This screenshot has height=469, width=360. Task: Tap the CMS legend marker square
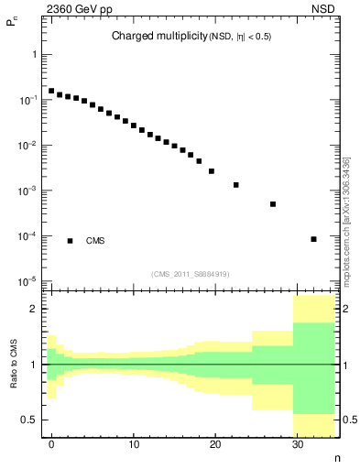click(70, 241)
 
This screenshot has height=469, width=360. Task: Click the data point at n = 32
click(314, 239)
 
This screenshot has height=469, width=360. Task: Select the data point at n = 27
click(273, 204)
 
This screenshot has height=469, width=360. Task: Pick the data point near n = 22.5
click(236, 185)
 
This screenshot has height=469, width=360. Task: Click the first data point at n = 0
click(51, 91)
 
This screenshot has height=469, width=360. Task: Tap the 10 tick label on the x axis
click(134, 446)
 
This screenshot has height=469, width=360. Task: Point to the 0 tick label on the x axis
click(51, 446)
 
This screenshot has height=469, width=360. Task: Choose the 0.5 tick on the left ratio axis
click(30, 420)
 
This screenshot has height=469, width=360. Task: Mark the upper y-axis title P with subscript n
click(13, 27)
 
